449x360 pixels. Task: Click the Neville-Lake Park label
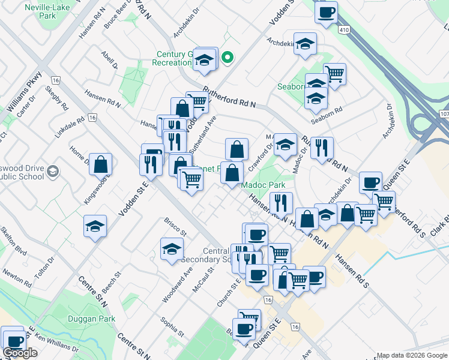(x=46, y=13)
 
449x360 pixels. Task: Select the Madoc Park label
(x=264, y=185)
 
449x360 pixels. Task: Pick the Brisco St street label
(x=176, y=226)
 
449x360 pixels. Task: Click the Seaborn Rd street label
(x=330, y=112)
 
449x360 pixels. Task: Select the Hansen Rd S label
(x=352, y=270)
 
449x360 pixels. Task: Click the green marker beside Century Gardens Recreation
(x=228, y=58)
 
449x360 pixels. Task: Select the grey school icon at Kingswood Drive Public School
(x=52, y=172)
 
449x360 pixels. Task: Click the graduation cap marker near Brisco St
(x=172, y=249)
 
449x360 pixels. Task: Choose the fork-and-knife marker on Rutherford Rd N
(x=322, y=148)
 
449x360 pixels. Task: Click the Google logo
(x=20, y=353)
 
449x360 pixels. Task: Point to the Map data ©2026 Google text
(x=412, y=355)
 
